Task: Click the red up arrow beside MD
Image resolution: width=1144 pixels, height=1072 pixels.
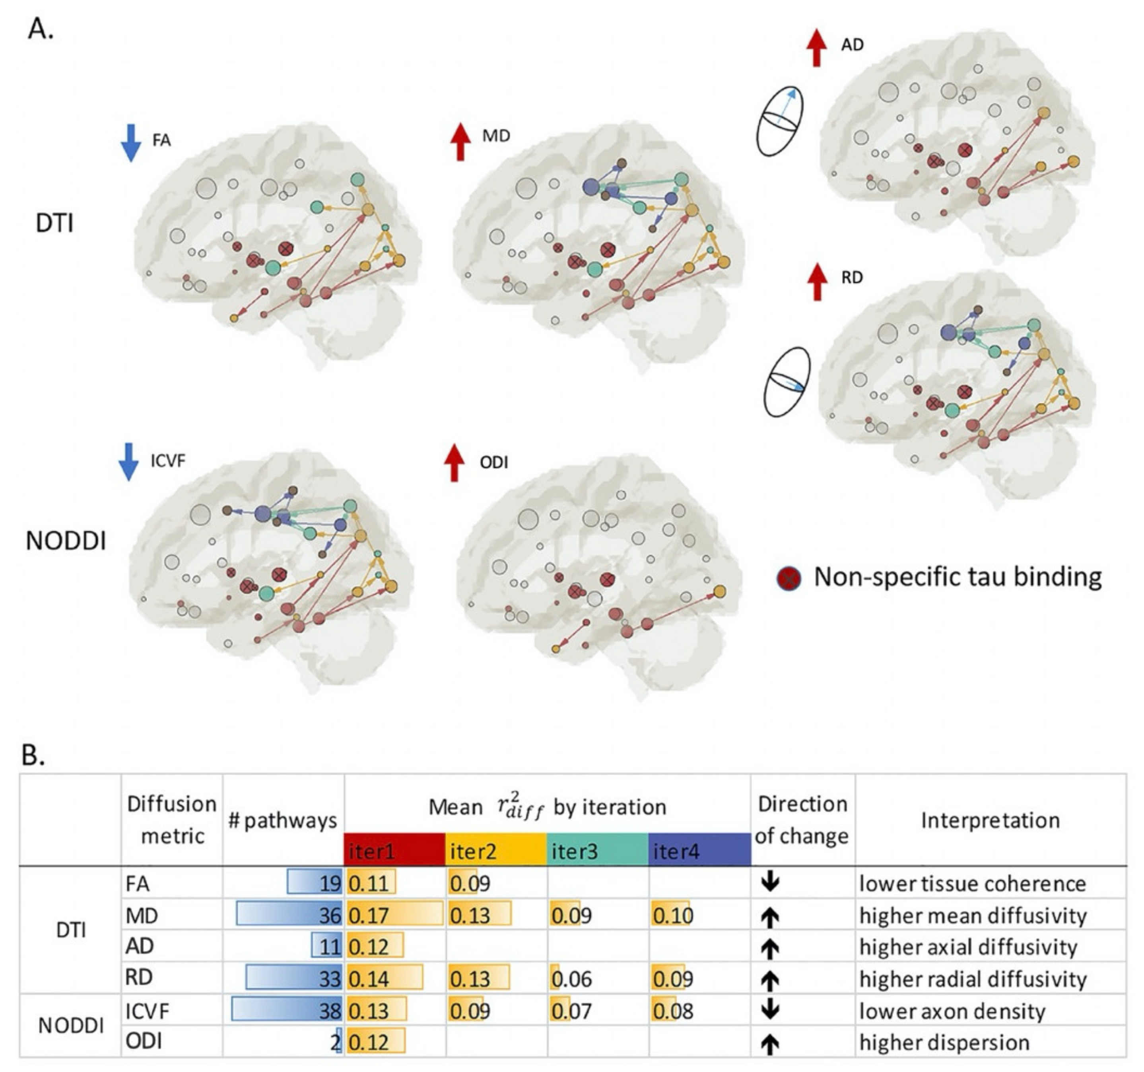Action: click(460, 142)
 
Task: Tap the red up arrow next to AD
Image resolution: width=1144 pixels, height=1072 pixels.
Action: click(816, 49)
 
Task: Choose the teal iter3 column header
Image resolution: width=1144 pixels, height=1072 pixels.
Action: click(597, 850)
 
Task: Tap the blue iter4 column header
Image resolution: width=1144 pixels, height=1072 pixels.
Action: click(699, 850)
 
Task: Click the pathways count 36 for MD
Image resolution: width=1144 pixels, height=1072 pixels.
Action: click(330, 915)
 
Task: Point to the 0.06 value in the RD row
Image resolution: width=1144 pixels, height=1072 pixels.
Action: click(571, 979)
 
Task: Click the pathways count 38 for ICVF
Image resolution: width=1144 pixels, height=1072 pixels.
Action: click(330, 1011)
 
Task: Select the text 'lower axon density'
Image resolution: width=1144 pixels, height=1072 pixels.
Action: click(952, 1011)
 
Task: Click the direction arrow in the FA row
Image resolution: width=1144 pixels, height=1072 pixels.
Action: click(770, 883)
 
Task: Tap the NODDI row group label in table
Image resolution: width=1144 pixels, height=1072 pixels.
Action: click(71, 1025)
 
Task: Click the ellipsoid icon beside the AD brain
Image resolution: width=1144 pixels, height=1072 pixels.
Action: click(780, 121)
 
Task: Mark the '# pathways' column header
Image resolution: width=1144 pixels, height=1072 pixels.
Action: click(283, 820)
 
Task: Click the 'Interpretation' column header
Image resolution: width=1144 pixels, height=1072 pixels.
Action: click(990, 820)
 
